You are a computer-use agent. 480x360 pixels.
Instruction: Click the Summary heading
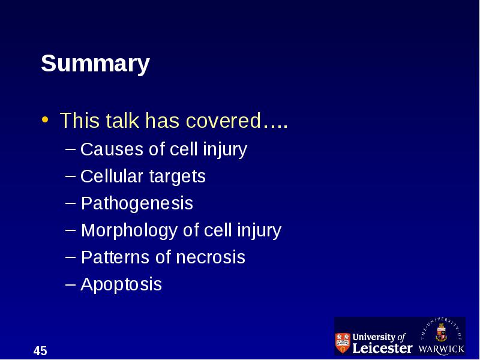[95, 64]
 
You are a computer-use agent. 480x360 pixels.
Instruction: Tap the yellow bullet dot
[45, 119]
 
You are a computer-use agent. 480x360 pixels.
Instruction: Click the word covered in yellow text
[223, 120]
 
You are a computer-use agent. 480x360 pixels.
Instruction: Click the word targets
[178, 176]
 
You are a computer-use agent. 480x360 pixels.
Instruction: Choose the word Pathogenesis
[137, 203]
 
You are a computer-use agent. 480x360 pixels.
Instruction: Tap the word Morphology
[129, 230]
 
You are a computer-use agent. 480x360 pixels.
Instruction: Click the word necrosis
[211, 257]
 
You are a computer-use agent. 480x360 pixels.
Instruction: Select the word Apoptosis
[121, 284]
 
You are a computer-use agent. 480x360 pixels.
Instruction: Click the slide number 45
[40, 351]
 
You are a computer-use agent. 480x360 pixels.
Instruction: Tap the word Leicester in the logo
[382, 349]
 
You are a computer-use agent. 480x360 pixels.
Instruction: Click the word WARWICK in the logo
[441, 349]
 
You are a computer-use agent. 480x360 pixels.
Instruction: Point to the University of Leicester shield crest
[343, 343]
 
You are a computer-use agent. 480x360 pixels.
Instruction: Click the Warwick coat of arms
[441, 332]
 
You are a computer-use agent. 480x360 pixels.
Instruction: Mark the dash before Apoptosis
[70, 284]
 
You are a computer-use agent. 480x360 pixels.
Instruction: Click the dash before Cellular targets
[70, 176]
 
